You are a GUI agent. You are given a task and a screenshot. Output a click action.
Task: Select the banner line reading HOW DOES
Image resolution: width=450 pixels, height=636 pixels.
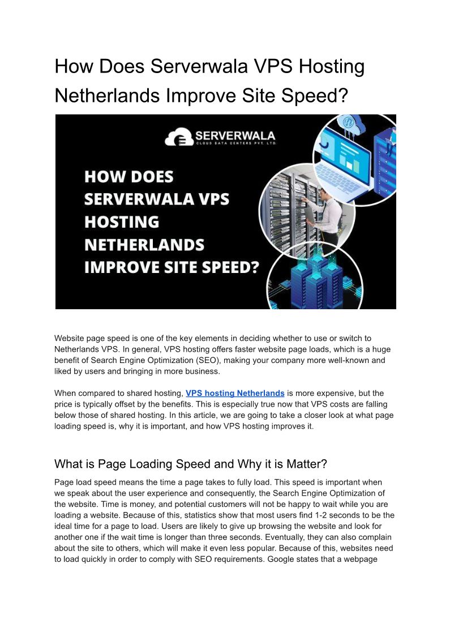129,177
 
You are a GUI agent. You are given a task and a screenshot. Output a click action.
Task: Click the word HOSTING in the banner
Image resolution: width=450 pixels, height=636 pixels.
122,221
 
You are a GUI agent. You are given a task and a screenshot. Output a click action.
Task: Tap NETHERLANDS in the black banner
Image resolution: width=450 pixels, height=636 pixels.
144,244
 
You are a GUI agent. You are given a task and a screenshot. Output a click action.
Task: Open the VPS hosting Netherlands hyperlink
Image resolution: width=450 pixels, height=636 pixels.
235,393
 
